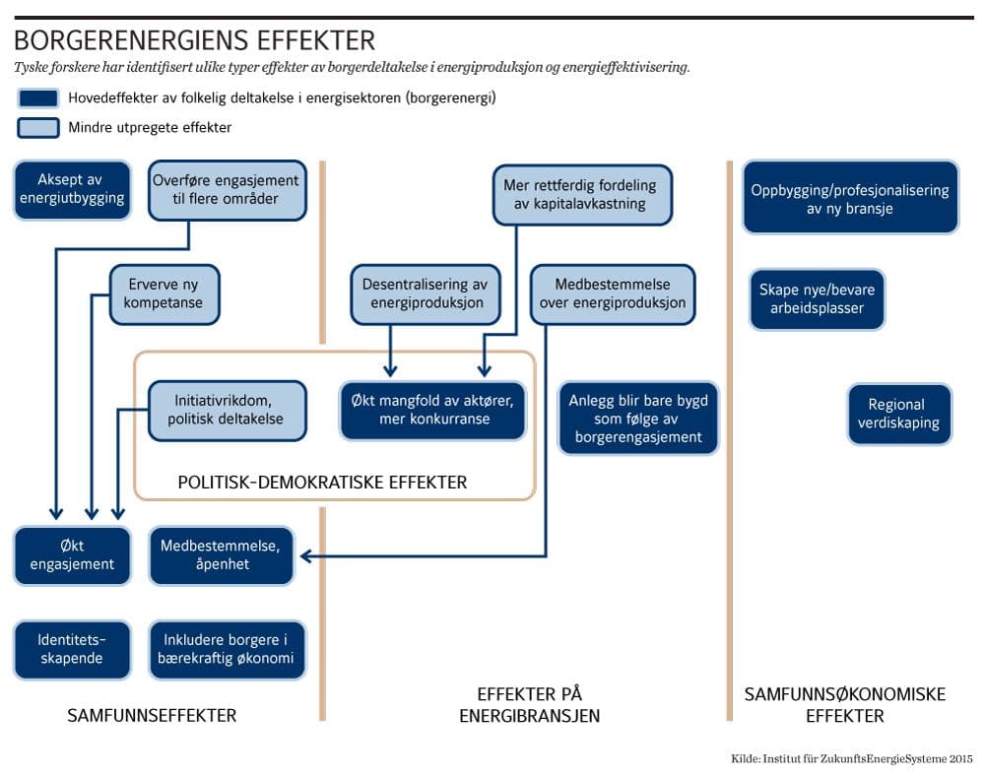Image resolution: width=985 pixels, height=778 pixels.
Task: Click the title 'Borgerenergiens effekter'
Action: coord(194,41)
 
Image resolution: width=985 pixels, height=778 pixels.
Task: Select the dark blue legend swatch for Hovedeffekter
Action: coord(37,98)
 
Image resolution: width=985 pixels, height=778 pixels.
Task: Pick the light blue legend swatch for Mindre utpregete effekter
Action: coord(37,127)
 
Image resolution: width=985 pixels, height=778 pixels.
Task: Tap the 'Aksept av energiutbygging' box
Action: coord(72,189)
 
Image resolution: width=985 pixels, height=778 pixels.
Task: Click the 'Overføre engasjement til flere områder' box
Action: coord(226,189)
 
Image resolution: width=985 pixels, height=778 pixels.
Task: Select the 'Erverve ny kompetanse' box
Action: coord(164,293)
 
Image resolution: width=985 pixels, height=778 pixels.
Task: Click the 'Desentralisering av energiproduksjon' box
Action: coord(427,293)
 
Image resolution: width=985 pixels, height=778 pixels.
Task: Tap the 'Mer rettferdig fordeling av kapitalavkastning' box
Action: coord(580,194)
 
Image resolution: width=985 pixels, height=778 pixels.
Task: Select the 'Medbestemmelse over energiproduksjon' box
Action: coord(612,293)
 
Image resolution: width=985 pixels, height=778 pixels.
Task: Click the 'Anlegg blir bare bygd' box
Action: coord(637,419)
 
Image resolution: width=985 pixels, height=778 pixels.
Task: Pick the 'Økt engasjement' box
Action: coord(72,554)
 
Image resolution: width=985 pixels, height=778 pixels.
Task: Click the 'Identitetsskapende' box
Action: coord(72,649)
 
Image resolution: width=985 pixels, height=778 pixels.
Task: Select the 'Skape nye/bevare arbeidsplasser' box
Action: coord(817,298)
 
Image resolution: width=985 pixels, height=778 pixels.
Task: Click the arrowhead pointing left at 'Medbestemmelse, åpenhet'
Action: coord(306,556)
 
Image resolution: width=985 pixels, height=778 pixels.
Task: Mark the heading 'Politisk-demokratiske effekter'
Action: coord(322,483)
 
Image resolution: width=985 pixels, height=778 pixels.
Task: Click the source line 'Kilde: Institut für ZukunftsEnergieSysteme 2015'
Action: coord(852,757)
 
